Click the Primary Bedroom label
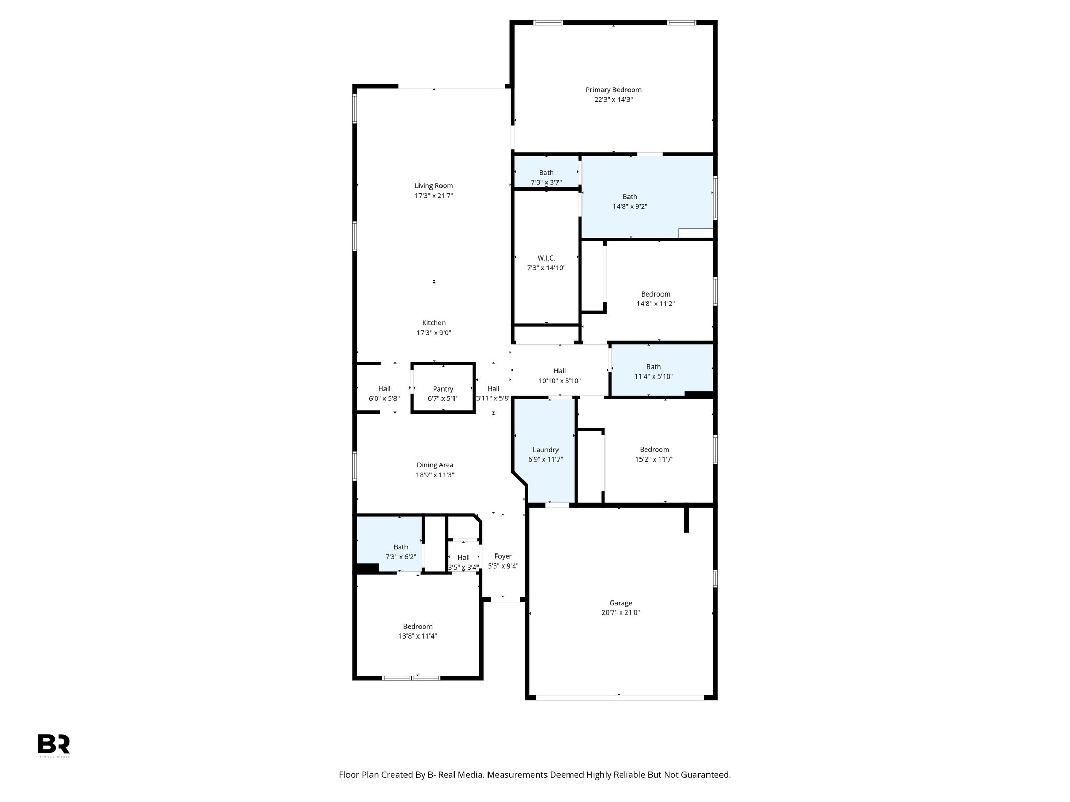[613, 90]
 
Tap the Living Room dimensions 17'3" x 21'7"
[434, 196]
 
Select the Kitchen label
[434, 323]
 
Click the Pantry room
[443, 389]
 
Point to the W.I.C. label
[546, 258]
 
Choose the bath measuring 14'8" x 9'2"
[630, 202]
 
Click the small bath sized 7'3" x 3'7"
[546, 177]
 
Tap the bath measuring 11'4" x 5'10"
[653, 371]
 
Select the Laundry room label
[545, 450]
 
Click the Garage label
[620, 603]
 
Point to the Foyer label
[503, 556]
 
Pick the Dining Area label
[435, 465]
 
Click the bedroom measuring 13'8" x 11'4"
[417, 631]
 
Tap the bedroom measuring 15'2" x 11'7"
[654, 454]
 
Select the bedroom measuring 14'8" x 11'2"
[655, 299]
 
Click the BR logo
[53, 744]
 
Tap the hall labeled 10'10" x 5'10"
[560, 376]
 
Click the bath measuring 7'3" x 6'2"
[401, 552]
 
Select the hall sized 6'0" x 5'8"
[384, 393]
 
